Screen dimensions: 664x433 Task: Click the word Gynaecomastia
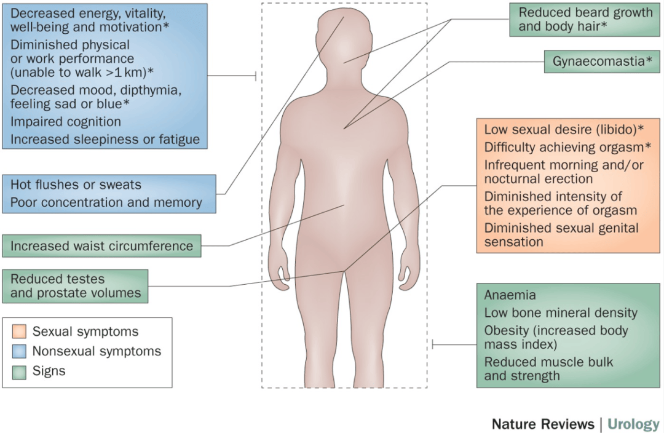(x=598, y=62)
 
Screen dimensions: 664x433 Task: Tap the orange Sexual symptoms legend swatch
(x=19, y=332)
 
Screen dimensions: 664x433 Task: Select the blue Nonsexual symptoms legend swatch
(x=19, y=351)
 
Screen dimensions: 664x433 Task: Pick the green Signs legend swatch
(x=19, y=371)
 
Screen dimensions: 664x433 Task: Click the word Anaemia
(x=510, y=295)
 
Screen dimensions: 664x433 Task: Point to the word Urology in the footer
(x=633, y=424)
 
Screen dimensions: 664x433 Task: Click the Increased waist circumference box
(x=101, y=246)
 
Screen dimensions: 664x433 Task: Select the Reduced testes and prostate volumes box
(x=76, y=286)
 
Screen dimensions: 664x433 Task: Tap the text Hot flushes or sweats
(x=76, y=185)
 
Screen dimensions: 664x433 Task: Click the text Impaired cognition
(x=66, y=122)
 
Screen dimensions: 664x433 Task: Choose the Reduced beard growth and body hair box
(x=585, y=20)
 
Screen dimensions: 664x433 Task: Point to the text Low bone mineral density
(x=561, y=312)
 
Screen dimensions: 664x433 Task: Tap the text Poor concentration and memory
(x=106, y=202)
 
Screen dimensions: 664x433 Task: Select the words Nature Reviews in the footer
(x=543, y=424)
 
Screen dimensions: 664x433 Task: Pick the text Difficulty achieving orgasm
(x=564, y=148)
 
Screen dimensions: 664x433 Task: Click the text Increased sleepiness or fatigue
(x=105, y=140)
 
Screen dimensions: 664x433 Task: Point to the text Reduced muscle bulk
(x=548, y=362)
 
